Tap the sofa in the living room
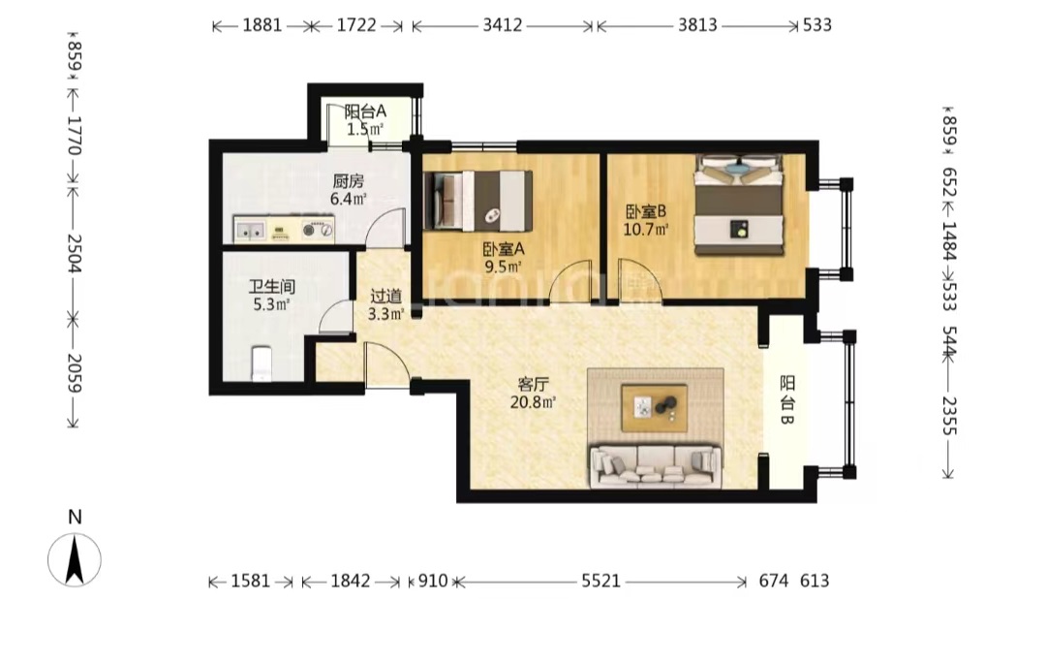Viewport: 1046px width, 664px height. point(656,465)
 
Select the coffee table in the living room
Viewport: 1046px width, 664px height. point(655,407)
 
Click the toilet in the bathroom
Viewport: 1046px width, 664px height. point(261,364)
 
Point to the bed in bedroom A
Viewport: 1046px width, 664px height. point(478,201)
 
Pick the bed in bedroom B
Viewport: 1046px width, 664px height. point(738,205)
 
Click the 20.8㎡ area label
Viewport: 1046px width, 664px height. point(533,402)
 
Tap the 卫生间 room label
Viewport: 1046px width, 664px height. point(272,288)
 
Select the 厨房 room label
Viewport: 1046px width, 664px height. point(349,181)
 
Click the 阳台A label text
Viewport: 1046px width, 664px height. point(365,111)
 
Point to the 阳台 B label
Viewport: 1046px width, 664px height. point(787,400)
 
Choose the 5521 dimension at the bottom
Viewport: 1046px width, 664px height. point(601,582)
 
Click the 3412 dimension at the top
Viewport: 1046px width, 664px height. point(503,25)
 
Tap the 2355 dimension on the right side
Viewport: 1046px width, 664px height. point(949,416)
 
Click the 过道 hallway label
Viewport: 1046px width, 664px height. point(386,297)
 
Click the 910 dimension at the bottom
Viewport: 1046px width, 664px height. point(433,582)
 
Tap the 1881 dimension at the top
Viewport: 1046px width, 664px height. point(262,25)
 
